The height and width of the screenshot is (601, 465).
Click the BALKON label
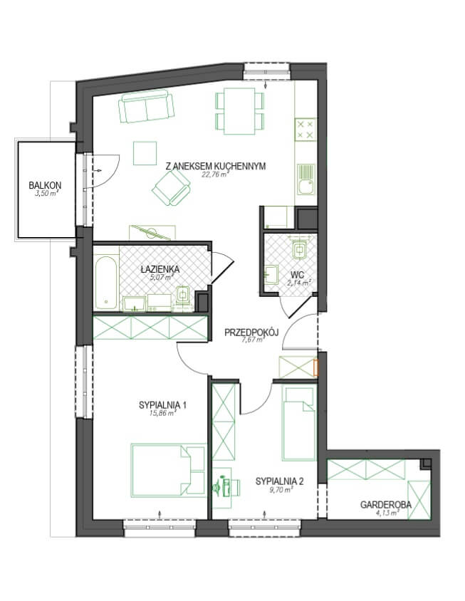[45, 185]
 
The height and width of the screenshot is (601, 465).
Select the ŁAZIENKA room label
[160, 269]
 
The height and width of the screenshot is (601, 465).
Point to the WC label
[298, 274]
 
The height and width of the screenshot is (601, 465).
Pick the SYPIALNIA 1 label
[162, 404]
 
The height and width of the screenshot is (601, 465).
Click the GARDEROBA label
[386, 504]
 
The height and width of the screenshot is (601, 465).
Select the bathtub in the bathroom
[106, 283]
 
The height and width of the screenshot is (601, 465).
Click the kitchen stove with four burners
[305, 129]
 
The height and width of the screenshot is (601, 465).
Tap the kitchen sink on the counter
[306, 179]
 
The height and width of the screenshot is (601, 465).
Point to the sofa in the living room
[147, 107]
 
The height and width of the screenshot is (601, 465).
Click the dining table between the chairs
[239, 111]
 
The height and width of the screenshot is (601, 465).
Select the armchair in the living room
[172, 188]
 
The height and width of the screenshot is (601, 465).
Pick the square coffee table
[145, 153]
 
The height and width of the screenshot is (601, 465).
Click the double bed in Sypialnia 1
[168, 471]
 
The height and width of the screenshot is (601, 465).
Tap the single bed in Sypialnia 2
[299, 423]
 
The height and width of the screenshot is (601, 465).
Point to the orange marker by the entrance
[316, 367]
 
